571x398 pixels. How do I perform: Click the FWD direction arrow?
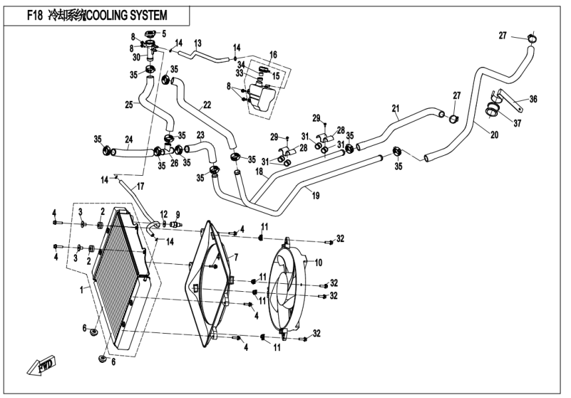pos(40,365)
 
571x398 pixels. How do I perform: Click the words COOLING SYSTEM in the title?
pos(127,15)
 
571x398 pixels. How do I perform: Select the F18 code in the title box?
pos(33,15)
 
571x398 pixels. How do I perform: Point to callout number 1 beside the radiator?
pos(82,290)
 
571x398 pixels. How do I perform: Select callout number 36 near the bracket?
pos(533,100)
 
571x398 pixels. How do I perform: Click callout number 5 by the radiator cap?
pos(164,33)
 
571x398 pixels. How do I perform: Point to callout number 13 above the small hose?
pos(197,43)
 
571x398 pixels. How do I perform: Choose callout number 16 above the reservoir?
pos(273,53)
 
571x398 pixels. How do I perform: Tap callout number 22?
pos(207,105)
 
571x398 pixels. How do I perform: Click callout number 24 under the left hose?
pos(129,140)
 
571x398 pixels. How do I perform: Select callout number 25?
pos(129,105)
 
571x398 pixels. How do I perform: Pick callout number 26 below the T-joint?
pos(174,163)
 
